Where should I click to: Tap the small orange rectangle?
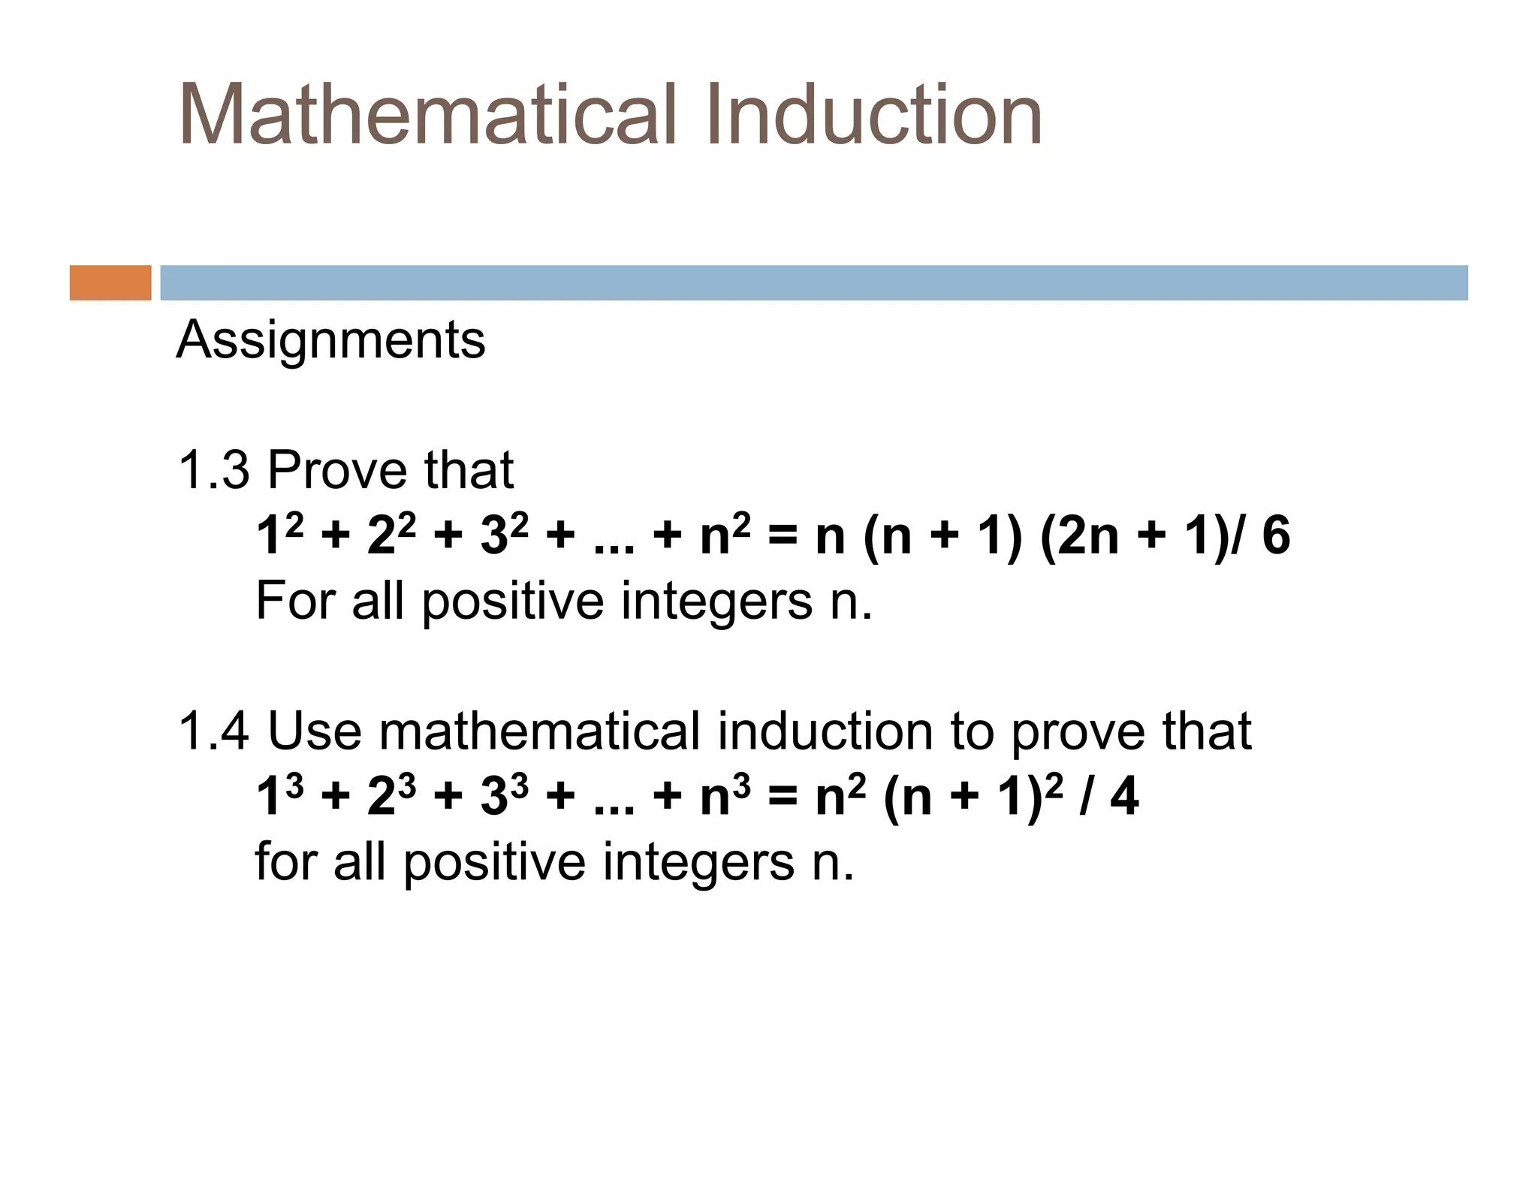pos(110,282)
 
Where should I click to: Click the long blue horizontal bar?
pos(813,282)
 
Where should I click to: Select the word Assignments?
pos(330,341)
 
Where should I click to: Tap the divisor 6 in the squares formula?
pos(1276,536)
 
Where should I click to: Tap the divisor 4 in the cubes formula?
pos(1124,797)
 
